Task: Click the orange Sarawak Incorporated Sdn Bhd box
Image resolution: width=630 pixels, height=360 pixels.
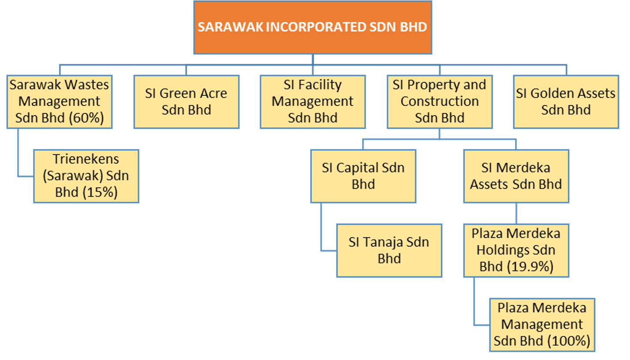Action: [x=313, y=27]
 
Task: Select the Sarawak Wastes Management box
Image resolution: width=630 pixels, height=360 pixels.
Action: [x=60, y=101]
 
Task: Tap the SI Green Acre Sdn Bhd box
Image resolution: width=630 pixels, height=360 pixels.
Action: [x=186, y=101]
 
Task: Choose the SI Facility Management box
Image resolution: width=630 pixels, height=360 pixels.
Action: [x=313, y=101]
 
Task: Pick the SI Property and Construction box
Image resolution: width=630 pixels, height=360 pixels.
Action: [x=440, y=101]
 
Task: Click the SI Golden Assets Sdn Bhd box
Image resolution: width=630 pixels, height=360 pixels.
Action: [x=566, y=101]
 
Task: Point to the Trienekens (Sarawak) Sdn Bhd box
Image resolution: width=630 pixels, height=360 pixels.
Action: [x=86, y=176]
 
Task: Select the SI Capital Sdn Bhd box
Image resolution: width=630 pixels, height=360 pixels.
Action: [x=363, y=176]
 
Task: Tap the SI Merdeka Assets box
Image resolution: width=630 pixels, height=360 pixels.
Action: [x=516, y=176]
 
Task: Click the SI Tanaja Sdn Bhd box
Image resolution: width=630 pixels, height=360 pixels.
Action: [x=389, y=250]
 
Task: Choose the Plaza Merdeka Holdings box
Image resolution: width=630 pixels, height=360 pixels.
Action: [x=516, y=250]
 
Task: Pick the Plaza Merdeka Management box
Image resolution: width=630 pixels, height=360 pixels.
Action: [x=542, y=324]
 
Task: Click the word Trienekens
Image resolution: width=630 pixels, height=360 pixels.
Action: [x=86, y=159]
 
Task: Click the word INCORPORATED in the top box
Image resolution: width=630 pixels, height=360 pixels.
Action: [x=316, y=27]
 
